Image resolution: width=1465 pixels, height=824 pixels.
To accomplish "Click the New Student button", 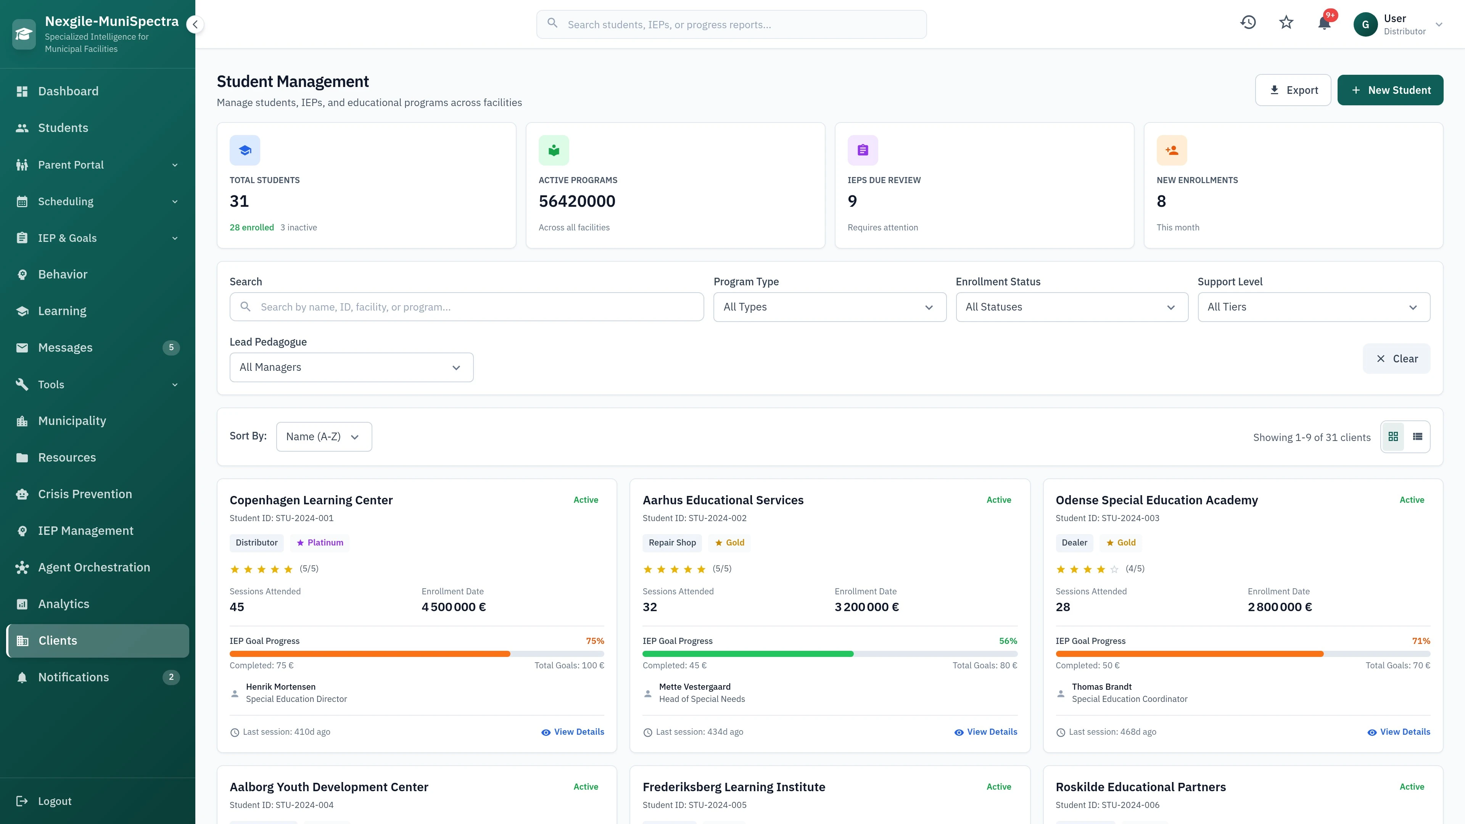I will tap(1389, 90).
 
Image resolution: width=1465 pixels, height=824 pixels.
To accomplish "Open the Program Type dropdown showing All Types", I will tap(829, 307).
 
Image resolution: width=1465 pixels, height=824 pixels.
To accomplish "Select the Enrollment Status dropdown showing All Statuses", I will tap(1071, 307).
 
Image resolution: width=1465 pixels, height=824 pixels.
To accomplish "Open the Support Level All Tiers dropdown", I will tap(1313, 307).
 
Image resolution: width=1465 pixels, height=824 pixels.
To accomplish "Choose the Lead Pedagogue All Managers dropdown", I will tap(351, 367).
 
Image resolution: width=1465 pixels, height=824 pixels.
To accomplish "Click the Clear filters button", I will tap(1396, 359).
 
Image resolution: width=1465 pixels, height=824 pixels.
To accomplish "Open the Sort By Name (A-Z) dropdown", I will tap(324, 437).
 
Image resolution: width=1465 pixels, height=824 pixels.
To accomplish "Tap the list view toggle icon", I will tap(1417, 437).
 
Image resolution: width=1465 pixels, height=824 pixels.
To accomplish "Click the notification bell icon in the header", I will tap(1324, 23).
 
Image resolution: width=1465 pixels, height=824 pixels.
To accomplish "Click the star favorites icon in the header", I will tap(1286, 23).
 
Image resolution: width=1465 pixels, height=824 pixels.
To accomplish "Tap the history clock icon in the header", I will tap(1248, 23).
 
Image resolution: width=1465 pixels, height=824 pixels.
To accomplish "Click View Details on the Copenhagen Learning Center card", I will tap(573, 732).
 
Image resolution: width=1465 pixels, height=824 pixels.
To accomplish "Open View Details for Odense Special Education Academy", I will tap(1399, 732).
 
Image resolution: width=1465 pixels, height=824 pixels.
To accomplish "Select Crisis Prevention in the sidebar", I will tap(85, 494).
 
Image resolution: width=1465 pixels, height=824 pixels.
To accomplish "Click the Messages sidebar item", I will tap(65, 348).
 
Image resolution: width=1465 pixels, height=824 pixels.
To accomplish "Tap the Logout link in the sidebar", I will tap(55, 801).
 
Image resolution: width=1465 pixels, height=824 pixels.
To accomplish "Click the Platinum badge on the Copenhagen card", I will tap(320, 542).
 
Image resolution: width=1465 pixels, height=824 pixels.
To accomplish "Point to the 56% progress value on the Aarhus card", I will tap(1008, 641).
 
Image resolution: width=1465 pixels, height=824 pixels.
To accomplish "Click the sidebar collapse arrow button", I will tap(195, 24).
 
